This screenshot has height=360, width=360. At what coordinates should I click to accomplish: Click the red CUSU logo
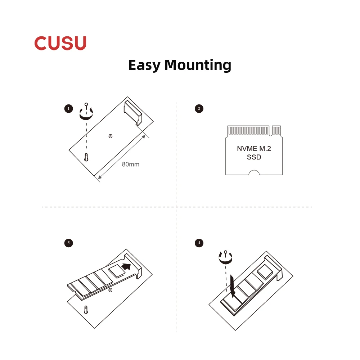coord(60,43)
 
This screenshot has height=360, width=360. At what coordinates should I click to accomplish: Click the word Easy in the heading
coord(144,66)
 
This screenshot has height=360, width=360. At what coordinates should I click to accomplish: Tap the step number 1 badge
coord(68,108)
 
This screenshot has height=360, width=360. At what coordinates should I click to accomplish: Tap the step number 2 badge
coord(199,108)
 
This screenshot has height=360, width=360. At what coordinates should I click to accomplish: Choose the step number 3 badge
coord(68,243)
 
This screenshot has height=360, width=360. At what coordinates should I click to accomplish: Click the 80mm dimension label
coord(130,165)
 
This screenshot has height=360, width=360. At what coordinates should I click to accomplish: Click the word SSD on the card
coord(254,157)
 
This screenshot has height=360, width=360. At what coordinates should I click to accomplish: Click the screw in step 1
coord(86,157)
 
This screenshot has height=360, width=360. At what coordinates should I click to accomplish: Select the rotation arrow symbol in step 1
coord(86,113)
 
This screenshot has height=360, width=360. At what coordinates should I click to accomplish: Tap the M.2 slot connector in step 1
coord(133,113)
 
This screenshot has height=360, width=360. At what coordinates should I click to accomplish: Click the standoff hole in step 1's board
coord(110,136)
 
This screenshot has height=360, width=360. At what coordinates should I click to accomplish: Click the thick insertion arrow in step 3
coord(126,267)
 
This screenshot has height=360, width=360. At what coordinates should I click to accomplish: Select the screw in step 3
coord(86,309)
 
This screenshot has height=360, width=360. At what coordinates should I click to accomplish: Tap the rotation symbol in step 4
coord(226,256)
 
